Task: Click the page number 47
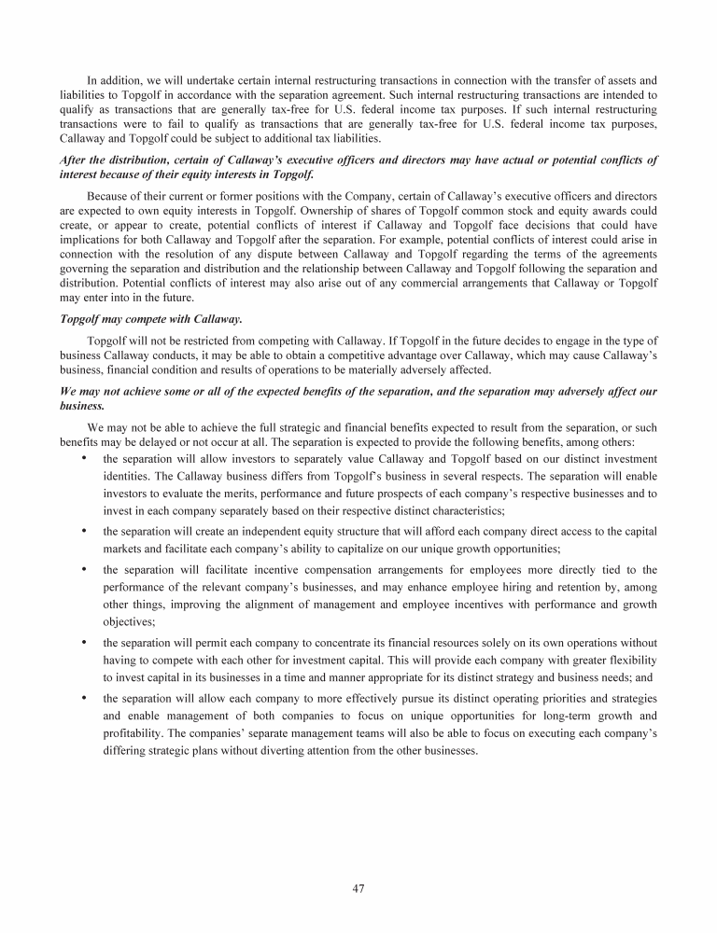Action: pyautogui.click(x=358, y=888)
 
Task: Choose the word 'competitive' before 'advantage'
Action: pyautogui.click(x=396, y=355)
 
